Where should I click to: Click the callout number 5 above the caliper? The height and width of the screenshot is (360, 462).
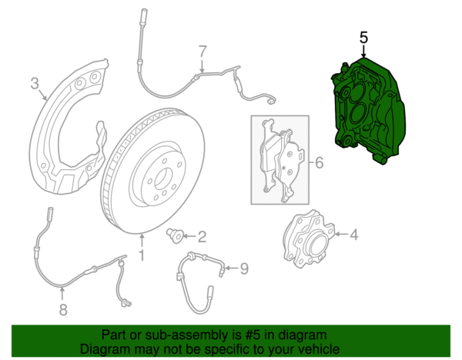(x=363, y=38)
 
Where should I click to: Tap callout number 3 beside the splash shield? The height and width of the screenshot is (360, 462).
(x=35, y=83)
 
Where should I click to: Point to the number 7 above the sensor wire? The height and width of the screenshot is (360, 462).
(x=203, y=52)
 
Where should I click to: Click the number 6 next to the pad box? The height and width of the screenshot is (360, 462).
(x=319, y=162)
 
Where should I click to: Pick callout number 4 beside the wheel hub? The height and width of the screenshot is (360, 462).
(x=354, y=235)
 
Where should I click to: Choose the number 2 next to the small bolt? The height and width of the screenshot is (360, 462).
(x=202, y=237)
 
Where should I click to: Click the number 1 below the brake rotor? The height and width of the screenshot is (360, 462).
(x=142, y=255)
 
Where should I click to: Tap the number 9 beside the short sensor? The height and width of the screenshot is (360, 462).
(x=244, y=268)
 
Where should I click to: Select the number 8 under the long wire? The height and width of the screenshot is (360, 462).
(x=63, y=310)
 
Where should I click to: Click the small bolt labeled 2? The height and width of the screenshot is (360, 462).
(x=175, y=236)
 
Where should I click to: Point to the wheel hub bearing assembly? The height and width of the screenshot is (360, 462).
(x=309, y=238)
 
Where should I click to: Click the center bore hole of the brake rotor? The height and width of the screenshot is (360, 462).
(x=162, y=178)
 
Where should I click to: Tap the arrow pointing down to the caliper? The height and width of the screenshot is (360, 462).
(x=364, y=52)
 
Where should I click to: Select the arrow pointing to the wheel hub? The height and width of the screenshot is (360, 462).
(x=341, y=235)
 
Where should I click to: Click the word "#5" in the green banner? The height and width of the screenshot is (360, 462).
(x=253, y=335)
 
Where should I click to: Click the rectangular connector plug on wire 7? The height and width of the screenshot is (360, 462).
(x=271, y=102)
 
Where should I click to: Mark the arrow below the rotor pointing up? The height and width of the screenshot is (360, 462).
(x=142, y=241)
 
